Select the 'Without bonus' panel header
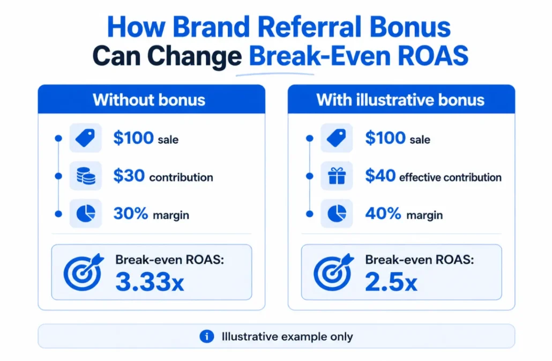point(151,99)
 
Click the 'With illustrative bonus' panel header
point(401,99)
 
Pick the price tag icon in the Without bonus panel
point(85,138)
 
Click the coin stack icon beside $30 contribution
point(86,176)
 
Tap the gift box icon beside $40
point(337,176)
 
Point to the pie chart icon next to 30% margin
point(86,213)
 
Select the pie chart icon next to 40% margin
point(337,213)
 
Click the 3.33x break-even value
point(150,282)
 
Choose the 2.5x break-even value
point(391,282)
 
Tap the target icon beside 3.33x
point(83,272)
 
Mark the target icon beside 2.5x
point(333,272)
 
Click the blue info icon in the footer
point(207,336)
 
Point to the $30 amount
point(129,175)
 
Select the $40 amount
point(380,175)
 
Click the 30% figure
point(131,213)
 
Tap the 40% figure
point(383,213)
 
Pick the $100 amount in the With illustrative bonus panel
point(385,138)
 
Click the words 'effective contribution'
point(450,177)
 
